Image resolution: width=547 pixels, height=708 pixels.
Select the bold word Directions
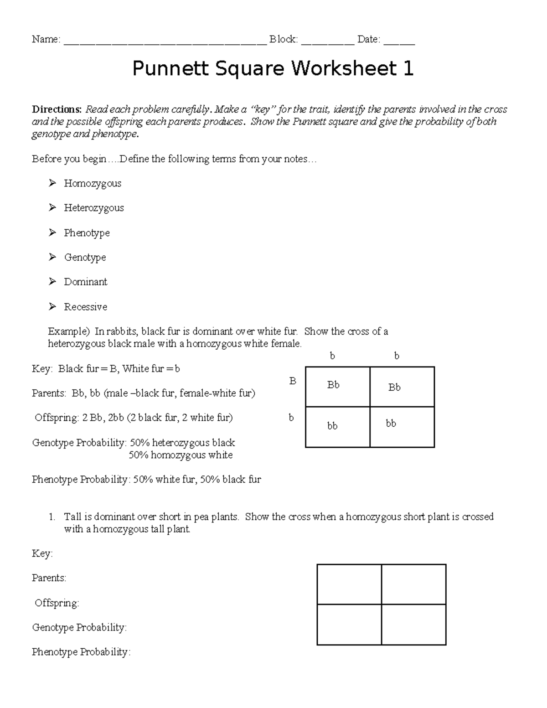point(57,109)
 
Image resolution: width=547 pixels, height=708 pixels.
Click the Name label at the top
point(46,40)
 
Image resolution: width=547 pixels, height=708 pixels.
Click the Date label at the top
point(368,40)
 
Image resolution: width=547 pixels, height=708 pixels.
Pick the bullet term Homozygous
point(93,183)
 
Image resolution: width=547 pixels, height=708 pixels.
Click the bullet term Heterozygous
point(94,208)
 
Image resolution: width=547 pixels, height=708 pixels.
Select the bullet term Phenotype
point(87,233)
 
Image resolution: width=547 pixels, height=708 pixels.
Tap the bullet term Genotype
point(85,258)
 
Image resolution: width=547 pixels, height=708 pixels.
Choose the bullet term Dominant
point(86,282)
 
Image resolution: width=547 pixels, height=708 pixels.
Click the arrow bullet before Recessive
point(52,307)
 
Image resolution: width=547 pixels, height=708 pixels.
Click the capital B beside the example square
point(293,381)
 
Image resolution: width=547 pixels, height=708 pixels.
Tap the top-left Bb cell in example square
point(337,387)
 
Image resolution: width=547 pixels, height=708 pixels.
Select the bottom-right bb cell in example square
point(402,427)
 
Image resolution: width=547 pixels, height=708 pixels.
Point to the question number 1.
point(52,517)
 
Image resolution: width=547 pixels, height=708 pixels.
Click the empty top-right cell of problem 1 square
point(413,584)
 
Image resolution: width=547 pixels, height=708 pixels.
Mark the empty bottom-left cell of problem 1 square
point(349,625)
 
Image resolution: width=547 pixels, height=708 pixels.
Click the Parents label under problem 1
point(49,578)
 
